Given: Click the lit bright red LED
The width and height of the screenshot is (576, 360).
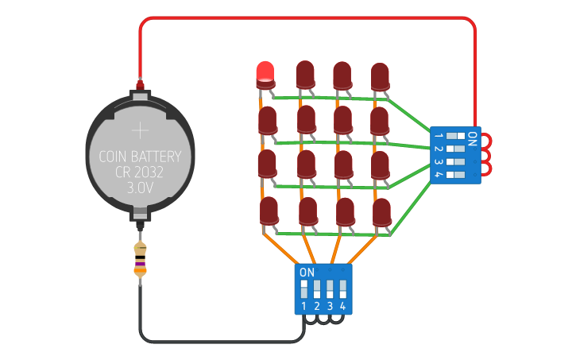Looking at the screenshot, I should point(265,73).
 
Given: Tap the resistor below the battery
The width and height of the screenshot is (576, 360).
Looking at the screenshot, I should point(140,259).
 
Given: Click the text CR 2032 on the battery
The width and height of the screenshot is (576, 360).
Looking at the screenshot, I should point(140,172).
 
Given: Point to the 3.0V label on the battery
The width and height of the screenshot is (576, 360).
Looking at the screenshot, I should point(140,189).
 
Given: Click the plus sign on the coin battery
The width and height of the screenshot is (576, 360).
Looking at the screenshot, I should point(140,130).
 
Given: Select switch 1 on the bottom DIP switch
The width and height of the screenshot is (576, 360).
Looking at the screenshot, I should point(304,288).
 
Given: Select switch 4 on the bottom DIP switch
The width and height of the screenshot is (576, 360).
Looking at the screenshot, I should point(343,288).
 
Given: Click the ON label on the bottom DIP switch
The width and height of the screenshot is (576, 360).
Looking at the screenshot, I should point(307,272).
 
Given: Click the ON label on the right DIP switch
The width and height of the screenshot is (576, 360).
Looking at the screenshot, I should point(472,139).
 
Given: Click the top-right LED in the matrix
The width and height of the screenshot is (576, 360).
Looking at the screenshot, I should point(381,75).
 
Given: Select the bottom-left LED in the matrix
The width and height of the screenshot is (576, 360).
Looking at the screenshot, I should point(269,211).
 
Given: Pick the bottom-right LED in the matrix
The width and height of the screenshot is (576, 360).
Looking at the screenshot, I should point(382,211).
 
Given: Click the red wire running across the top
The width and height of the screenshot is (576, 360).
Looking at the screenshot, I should point(310,18).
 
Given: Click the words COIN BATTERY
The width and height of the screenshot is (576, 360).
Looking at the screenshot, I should point(140,157).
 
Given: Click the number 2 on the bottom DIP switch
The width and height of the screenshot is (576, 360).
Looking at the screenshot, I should point(317,306).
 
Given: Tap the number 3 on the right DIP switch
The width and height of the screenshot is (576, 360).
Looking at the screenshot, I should point(438,161).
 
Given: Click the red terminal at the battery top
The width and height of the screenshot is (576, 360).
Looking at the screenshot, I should point(140,83).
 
